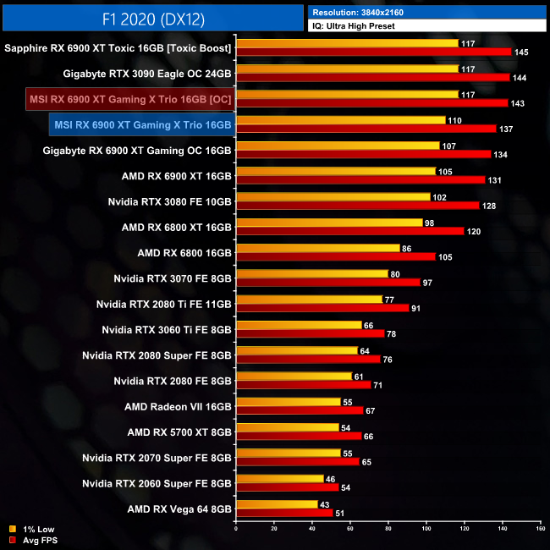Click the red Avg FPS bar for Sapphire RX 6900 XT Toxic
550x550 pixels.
point(374,52)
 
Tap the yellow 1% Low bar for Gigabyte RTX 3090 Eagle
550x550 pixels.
point(347,69)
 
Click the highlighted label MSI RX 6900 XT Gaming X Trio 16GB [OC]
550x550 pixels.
point(130,100)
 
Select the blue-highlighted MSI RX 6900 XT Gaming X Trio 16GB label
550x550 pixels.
point(141,125)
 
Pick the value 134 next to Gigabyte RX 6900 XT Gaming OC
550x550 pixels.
point(501,154)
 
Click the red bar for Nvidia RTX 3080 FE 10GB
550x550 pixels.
point(357,205)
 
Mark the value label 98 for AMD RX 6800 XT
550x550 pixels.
point(431,222)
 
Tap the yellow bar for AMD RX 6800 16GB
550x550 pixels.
point(317,248)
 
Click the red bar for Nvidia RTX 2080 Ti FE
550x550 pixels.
point(322,307)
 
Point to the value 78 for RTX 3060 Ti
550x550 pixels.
point(392,333)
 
